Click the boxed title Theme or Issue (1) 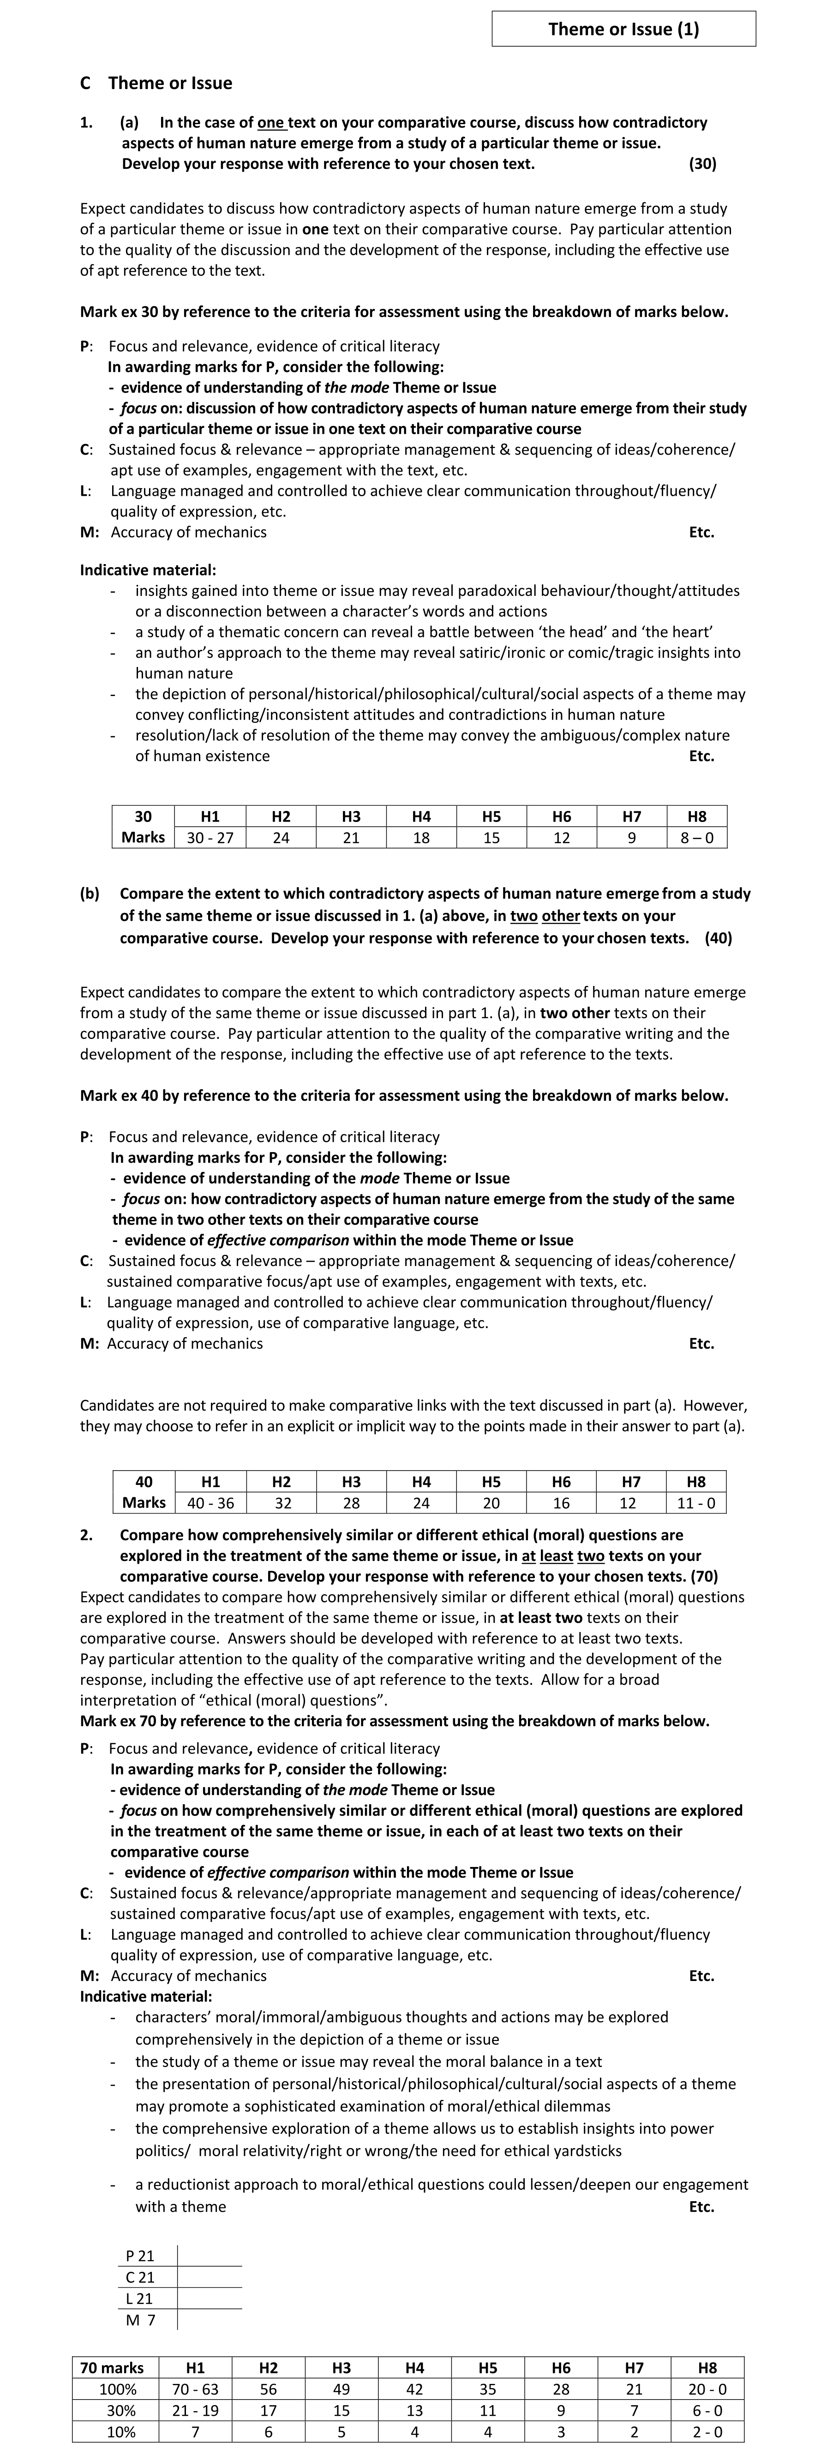[623, 29]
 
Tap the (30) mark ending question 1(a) [702, 163]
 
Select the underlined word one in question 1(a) [271, 123]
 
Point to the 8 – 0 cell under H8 [696, 838]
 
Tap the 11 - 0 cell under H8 [696, 1503]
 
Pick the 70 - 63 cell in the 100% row [195, 2389]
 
